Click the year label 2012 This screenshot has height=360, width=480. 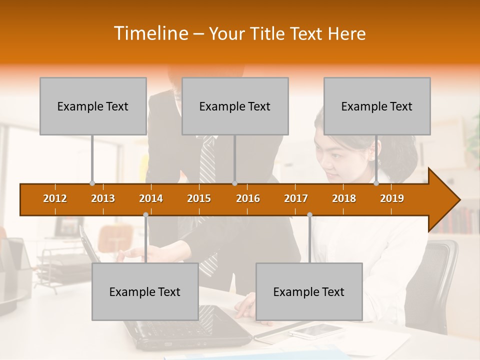click(55, 198)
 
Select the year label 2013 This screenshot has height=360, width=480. click(103, 198)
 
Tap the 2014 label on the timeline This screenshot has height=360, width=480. click(151, 198)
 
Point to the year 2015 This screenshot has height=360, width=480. click(199, 198)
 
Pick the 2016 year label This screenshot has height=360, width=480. click(248, 198)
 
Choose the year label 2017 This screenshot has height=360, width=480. click(296, 198)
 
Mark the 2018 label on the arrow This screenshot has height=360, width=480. click(344, 198)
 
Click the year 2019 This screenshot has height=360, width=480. click(392, 198)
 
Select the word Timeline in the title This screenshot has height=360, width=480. click(150, 33)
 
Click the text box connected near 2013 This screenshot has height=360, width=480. click(93, 106)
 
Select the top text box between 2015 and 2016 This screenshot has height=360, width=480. click(235, 106)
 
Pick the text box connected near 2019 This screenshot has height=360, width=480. click(377, 106)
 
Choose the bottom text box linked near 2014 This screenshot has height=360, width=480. click(145, 291)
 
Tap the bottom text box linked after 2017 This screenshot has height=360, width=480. click(309, 291)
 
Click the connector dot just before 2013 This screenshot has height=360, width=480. click(92, 183)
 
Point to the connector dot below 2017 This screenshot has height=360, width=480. click(309, 214)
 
